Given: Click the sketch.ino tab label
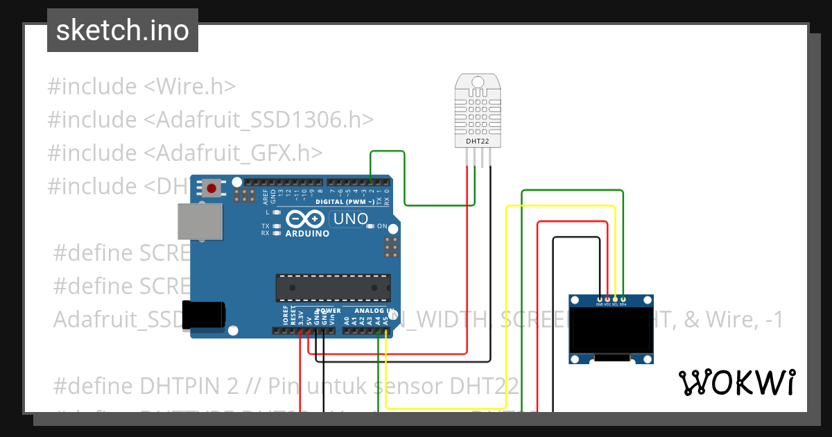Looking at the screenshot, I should click(x=122, y=31).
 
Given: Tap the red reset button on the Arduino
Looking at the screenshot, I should click(x=212, y=188).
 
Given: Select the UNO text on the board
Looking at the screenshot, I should click(x=351, y=219).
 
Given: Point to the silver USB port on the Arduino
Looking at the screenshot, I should click(x=200, y=223).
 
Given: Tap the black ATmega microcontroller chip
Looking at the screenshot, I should click(x=333, y=289).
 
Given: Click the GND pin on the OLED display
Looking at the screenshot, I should click(x=600, y=299).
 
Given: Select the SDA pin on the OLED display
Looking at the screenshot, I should click(x=623, y=299).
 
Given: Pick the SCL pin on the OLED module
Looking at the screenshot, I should click(x=615, y=299).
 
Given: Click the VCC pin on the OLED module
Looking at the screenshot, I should click(x=607, y=299).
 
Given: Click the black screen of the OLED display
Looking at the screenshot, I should click(x=611, y=331).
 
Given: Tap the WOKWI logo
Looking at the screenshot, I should click(x=736, y=382).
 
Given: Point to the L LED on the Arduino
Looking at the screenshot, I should click(x=277, y=213).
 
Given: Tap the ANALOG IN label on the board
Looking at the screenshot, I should click(x=374, y=311).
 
